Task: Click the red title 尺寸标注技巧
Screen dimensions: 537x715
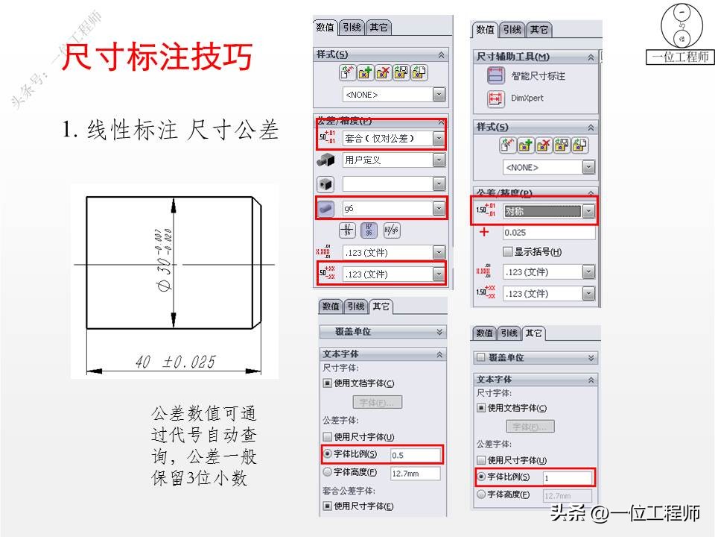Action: click(x=156, y=58)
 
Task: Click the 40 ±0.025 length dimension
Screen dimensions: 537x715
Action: click(x=176, y=362)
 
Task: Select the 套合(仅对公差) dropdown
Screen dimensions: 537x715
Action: click(x=393, y=138)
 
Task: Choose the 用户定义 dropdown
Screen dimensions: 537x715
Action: click(x=393, y=160)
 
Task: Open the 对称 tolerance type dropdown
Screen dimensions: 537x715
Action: click(x=549, y=212)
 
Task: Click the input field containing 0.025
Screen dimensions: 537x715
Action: click(x=548, y=233)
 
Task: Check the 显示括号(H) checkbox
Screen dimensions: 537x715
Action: click(x=508, y=252)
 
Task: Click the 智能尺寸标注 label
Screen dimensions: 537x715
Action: click(x=538, y=76)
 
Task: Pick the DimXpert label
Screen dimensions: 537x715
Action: click(x=527, y=98)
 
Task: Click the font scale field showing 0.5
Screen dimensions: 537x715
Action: click(x=415, y=454)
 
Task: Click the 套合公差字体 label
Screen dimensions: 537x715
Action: click(x=349, y=490)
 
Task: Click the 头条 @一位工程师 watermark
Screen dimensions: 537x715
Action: click(x=625, y=513)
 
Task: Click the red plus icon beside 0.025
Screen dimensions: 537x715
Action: click(x=485, y=233)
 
